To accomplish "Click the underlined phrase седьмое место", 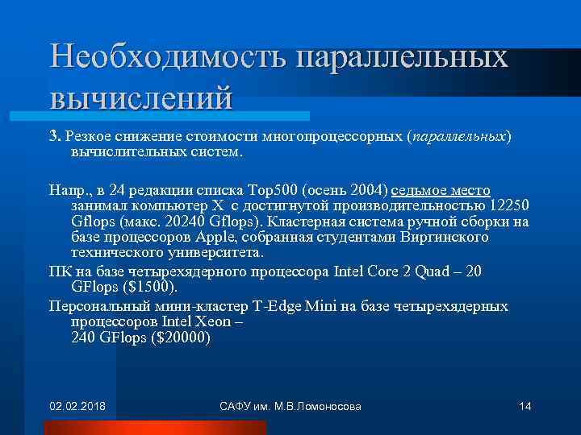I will [441, 190].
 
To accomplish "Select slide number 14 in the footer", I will [525, 405].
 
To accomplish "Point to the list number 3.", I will [54, 136].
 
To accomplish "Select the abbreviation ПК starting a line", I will [59, 271].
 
